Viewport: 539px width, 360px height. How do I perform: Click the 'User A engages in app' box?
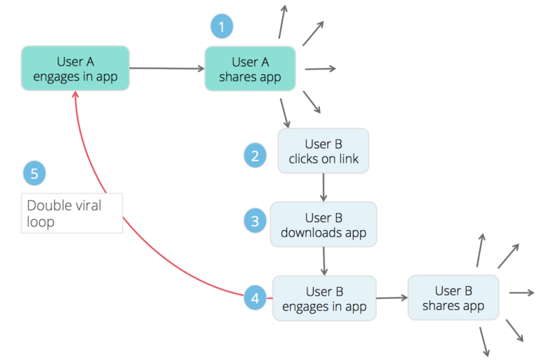click(75, 69)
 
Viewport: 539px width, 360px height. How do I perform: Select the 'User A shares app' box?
click(250, 69)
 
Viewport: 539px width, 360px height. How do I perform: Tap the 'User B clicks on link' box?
click(323, 151)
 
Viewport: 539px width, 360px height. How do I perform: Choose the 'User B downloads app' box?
click(324, 225)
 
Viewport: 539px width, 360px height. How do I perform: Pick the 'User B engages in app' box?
click(324, 298)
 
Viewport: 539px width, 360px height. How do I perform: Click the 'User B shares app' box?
click(453, 298)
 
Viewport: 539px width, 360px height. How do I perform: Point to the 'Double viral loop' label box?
click(72, 213)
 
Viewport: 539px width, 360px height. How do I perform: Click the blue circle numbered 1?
click(222, 27)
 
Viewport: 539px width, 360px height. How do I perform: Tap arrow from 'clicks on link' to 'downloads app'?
click(323, 187)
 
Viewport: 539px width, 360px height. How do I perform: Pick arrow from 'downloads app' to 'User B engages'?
click(324, 260)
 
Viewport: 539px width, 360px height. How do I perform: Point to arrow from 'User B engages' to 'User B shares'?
click(392, 298)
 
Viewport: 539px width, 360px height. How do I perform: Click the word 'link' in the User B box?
click(347, 159)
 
